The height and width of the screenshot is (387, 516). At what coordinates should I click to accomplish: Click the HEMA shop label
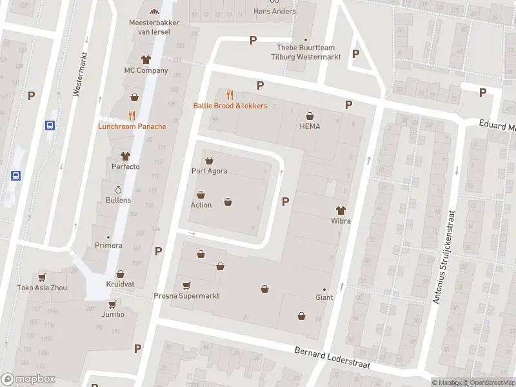coord(310,126)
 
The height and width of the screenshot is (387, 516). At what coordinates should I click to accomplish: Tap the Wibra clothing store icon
coord(341,210)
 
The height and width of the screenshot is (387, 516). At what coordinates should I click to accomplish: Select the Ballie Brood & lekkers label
coord(230,105)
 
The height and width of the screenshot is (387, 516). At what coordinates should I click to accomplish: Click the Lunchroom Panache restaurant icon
coord(132,115)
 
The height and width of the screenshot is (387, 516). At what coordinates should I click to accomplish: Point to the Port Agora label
coord(209,171)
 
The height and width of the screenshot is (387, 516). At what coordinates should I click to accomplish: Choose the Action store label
coord(201,205)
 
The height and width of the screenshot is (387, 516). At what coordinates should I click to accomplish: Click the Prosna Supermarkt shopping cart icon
coord(186,285)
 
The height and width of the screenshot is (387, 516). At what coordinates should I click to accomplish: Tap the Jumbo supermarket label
coord(112,315)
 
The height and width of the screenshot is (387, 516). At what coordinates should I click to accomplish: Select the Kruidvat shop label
coord(121,284)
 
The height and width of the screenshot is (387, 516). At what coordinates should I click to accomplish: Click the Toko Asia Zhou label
coord(42,288)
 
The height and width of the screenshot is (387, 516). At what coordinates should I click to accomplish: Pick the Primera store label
coord(109,245)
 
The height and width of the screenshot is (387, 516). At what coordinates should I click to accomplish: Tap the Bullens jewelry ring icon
coord(118,190)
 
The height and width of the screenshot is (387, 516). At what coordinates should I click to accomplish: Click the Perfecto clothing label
coord(125,166)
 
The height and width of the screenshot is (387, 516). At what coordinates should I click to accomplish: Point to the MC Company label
coord(146,70)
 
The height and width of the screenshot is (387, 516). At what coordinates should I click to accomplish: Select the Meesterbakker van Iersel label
coord(154,27)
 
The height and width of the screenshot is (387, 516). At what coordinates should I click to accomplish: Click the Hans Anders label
coord(275,11)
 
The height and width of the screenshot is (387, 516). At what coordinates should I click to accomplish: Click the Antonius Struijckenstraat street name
coord(444,257)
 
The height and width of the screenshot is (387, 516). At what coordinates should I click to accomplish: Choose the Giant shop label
coord(324,297)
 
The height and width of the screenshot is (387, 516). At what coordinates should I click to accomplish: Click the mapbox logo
coord(28,379)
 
